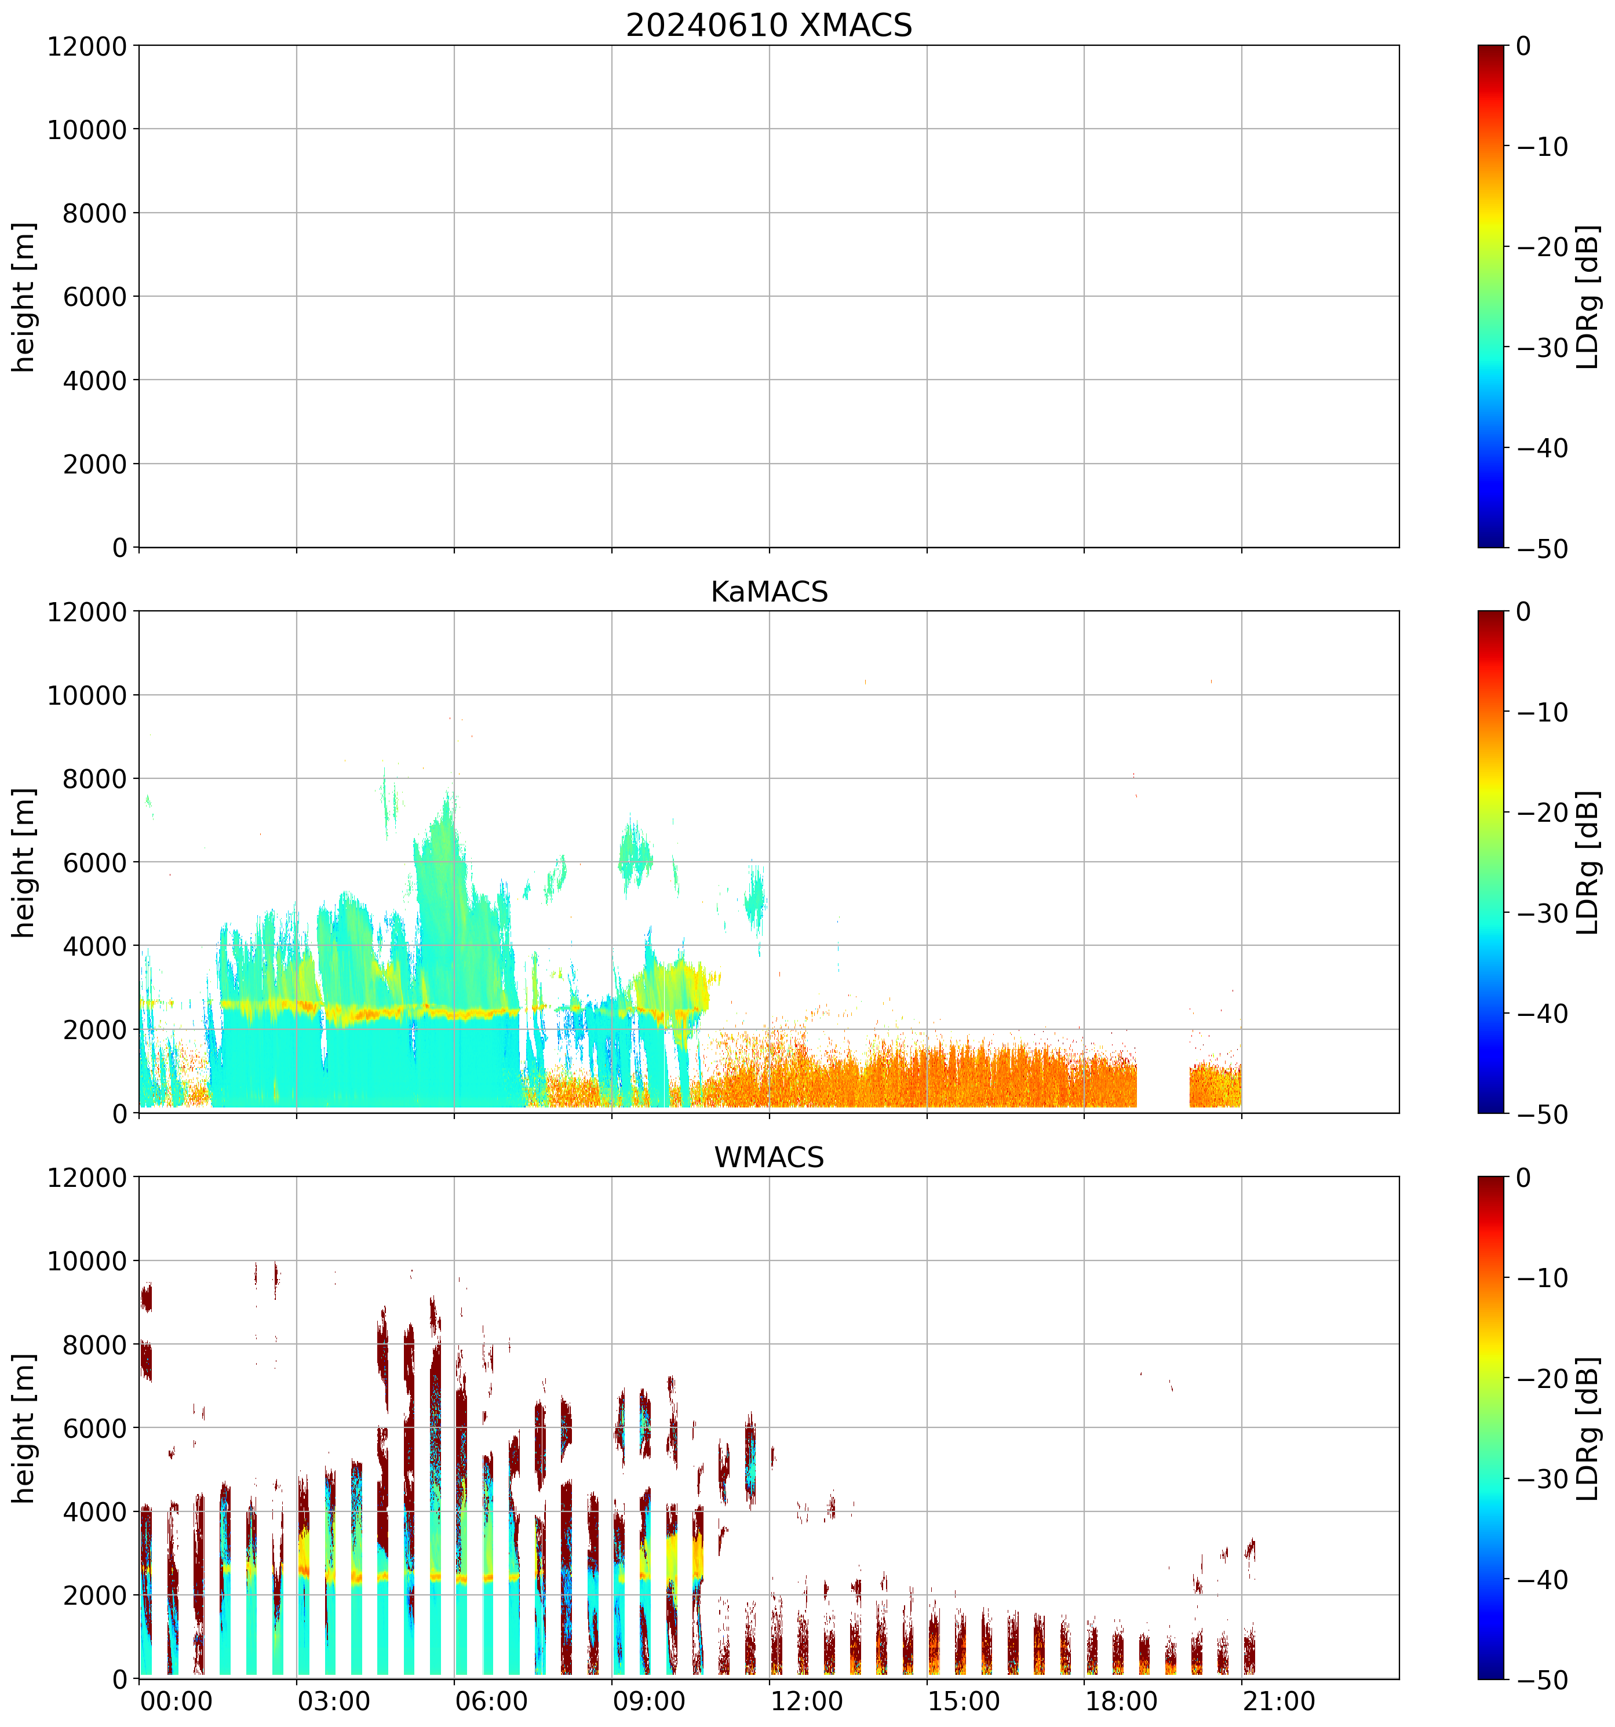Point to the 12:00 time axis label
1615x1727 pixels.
coord(806,1700)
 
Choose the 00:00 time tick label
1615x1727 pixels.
coord(176,1700)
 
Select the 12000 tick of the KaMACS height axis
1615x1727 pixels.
coord(87,611)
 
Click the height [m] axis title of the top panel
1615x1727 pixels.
coord(24,297)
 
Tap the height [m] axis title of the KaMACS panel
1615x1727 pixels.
coord(24,863)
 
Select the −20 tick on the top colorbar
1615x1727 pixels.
coord(1543,247)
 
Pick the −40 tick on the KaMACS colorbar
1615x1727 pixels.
coord(1543,1014)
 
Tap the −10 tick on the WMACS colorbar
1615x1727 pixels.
coord(1543,1278)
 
